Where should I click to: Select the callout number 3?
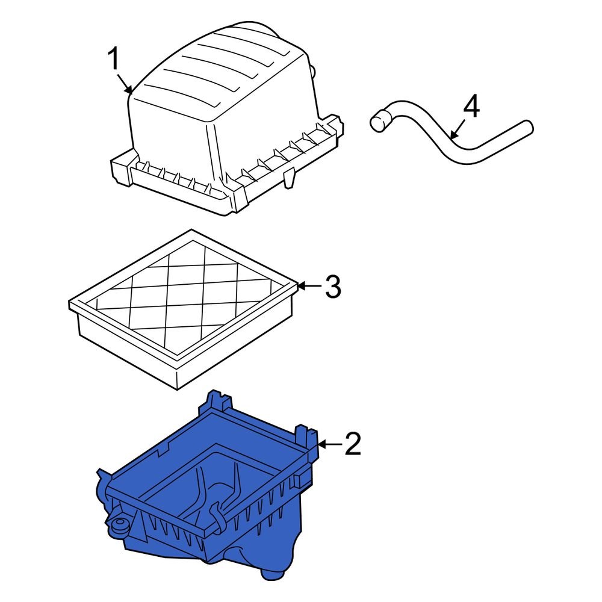(333, 287)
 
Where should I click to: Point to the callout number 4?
(471, 107)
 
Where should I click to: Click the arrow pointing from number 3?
(309, 287)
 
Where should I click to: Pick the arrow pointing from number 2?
(329, 444)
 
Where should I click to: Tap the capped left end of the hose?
(377, 122)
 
